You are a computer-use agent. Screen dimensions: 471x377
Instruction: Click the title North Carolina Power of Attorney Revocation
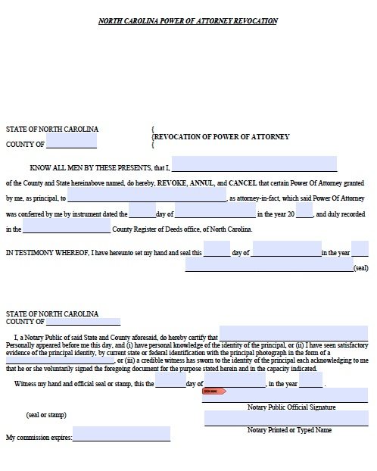coord(188,21)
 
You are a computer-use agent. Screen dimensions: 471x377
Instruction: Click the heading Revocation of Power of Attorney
coord(222,137)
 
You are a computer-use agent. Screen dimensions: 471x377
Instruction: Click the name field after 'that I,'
coord(254,164)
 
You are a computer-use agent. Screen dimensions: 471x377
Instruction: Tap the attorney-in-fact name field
coord(147,198)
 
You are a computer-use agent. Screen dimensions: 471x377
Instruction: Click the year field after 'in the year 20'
coord(304,214)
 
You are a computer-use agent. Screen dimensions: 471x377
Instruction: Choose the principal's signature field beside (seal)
coord(269,266)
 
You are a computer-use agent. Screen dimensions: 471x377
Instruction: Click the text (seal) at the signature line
coord(360,268)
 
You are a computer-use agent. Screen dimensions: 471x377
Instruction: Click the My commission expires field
coord(121,435)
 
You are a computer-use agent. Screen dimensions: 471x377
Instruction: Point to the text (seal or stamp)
coord(46,414)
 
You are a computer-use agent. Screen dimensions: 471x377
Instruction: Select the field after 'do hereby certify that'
coord(294,334)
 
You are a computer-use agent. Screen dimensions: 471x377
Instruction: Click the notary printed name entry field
coord(285,418)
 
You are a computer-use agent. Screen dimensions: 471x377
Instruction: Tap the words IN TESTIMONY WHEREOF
coord(47,252)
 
